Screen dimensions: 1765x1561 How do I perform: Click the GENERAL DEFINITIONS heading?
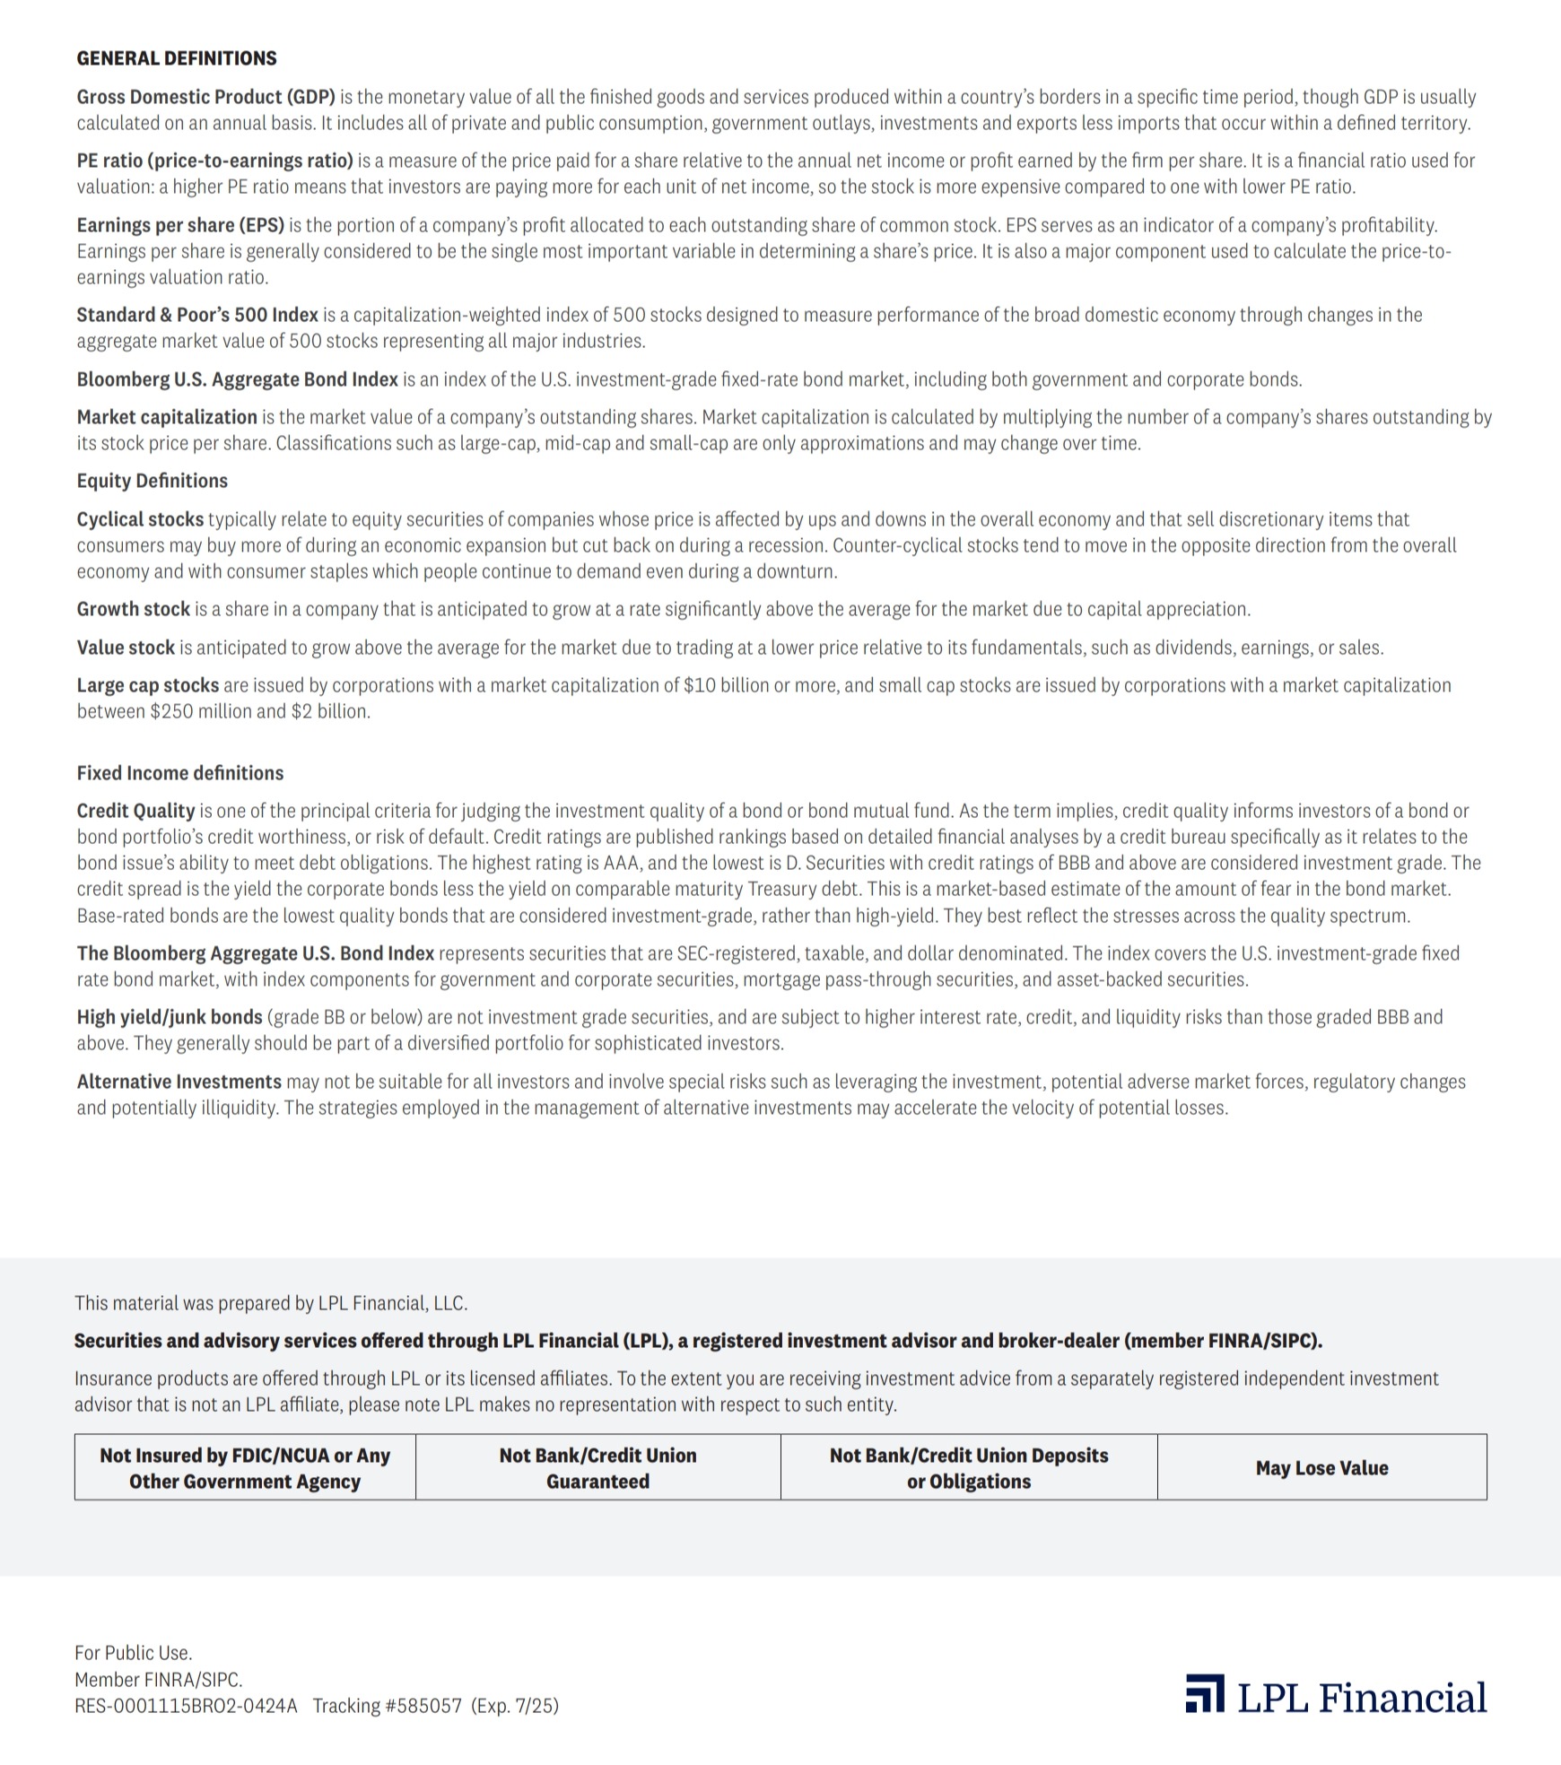[177, 58]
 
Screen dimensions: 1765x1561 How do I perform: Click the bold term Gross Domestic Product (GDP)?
[205, 97]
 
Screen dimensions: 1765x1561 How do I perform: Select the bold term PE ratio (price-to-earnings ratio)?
[214, 161]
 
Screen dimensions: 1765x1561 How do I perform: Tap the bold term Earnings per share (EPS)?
[180, 225]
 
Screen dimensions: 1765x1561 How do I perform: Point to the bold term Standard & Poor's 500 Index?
[197, 315]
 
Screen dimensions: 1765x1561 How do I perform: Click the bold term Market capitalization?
[167, 417]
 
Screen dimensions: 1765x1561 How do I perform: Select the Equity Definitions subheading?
[152, 481]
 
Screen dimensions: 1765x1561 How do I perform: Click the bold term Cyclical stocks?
[140, 519]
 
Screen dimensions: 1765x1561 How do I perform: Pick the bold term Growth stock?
[133, 609]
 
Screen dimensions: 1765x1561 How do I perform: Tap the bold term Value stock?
[126, 648]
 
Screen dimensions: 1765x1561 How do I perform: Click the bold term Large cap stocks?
[147, 685]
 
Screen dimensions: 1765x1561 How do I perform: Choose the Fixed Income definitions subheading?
[179, 773]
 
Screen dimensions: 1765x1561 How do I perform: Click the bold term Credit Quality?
[135, 811]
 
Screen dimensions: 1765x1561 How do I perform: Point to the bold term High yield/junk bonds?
[170, 1017]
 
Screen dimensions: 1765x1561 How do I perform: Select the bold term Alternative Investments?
[179, 1082]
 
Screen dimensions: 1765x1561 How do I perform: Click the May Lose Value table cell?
[1321, 1468]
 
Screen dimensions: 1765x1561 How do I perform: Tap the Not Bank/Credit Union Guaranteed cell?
[597, 1468]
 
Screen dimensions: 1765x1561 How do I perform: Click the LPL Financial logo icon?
[1204, 1692]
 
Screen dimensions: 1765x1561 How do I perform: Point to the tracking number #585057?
[423, 1706]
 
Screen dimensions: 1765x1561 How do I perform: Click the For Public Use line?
[133, 1653]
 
